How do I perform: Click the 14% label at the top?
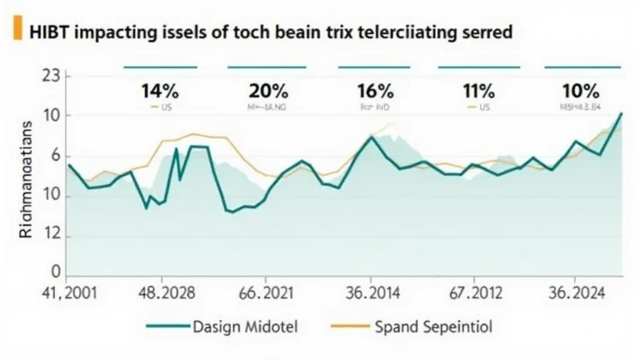(159, 90)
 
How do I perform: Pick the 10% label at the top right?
(580, 90)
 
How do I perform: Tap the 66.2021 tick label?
(266, 293)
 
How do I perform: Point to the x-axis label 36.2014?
(373, 293)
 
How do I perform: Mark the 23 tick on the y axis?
(52, 77)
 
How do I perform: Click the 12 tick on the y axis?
(52, 236)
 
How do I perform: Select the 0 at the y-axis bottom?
(57, 272)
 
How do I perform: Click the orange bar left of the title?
(17, 31)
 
